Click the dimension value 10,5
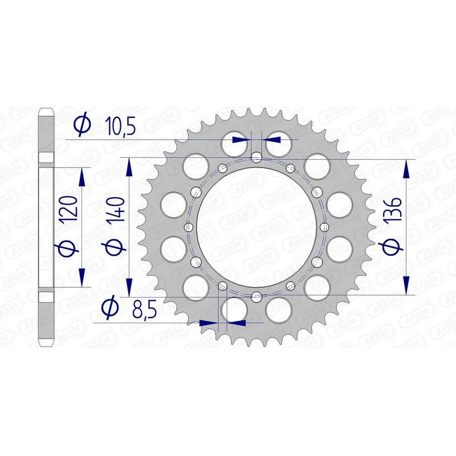pos(121,127)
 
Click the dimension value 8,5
pos(145,310)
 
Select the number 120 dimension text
pos(69,208)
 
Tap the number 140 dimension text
pos(116,209)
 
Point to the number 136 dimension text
pos(393,210)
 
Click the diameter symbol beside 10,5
pos(83,125)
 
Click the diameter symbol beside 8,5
pos(110,308)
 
